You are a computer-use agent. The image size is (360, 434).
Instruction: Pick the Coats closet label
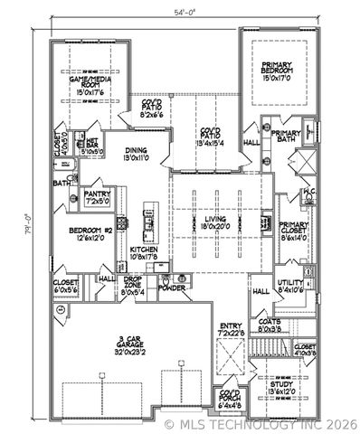270,326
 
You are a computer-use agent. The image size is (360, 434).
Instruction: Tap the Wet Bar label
93,146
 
